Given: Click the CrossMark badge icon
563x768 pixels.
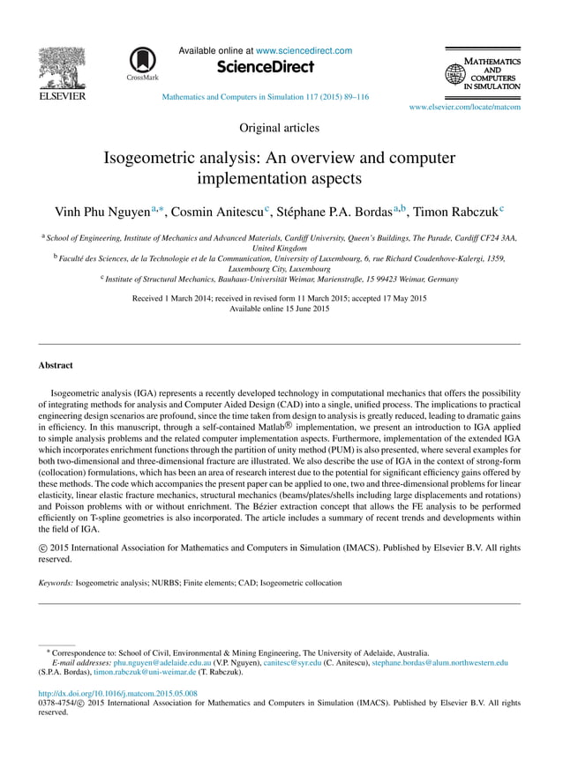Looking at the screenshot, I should click(x=142, y=63).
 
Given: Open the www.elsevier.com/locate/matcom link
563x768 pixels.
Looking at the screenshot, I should click(x=464, y=107).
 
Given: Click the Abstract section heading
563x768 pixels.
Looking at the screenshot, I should click(x=56, y=364).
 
